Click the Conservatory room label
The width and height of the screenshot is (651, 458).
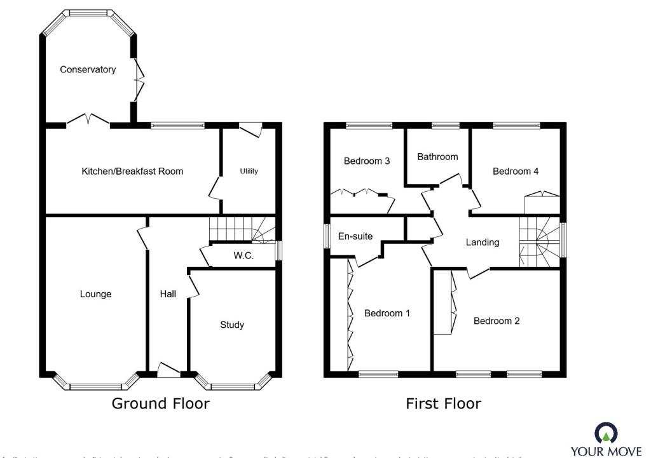[x=88, y=70]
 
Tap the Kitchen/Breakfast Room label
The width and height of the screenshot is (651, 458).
[x=132, y=172]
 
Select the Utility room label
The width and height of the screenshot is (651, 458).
[x=249, y=172]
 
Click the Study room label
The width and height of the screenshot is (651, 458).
[x=232, y=325]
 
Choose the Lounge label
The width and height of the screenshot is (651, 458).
[x=95, y=294]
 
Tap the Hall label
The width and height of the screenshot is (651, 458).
[x=168, y=294]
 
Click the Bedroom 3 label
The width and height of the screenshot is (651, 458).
[x=367, y=161]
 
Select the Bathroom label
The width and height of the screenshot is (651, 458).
[x=437, y=156]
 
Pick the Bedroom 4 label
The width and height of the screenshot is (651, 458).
[x=516, y=172]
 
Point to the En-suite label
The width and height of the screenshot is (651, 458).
[x=355, y=236]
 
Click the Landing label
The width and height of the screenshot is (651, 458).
[x=483, y=242]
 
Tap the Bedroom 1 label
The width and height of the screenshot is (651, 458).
[x=387, y=313]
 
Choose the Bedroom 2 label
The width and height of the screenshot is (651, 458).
[x=497, y=321]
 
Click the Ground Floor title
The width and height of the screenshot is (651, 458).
[x=161, y=403]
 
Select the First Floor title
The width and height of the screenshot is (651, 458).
[x=444, y=403]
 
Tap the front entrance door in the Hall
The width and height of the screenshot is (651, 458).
[x=168, y=370]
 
